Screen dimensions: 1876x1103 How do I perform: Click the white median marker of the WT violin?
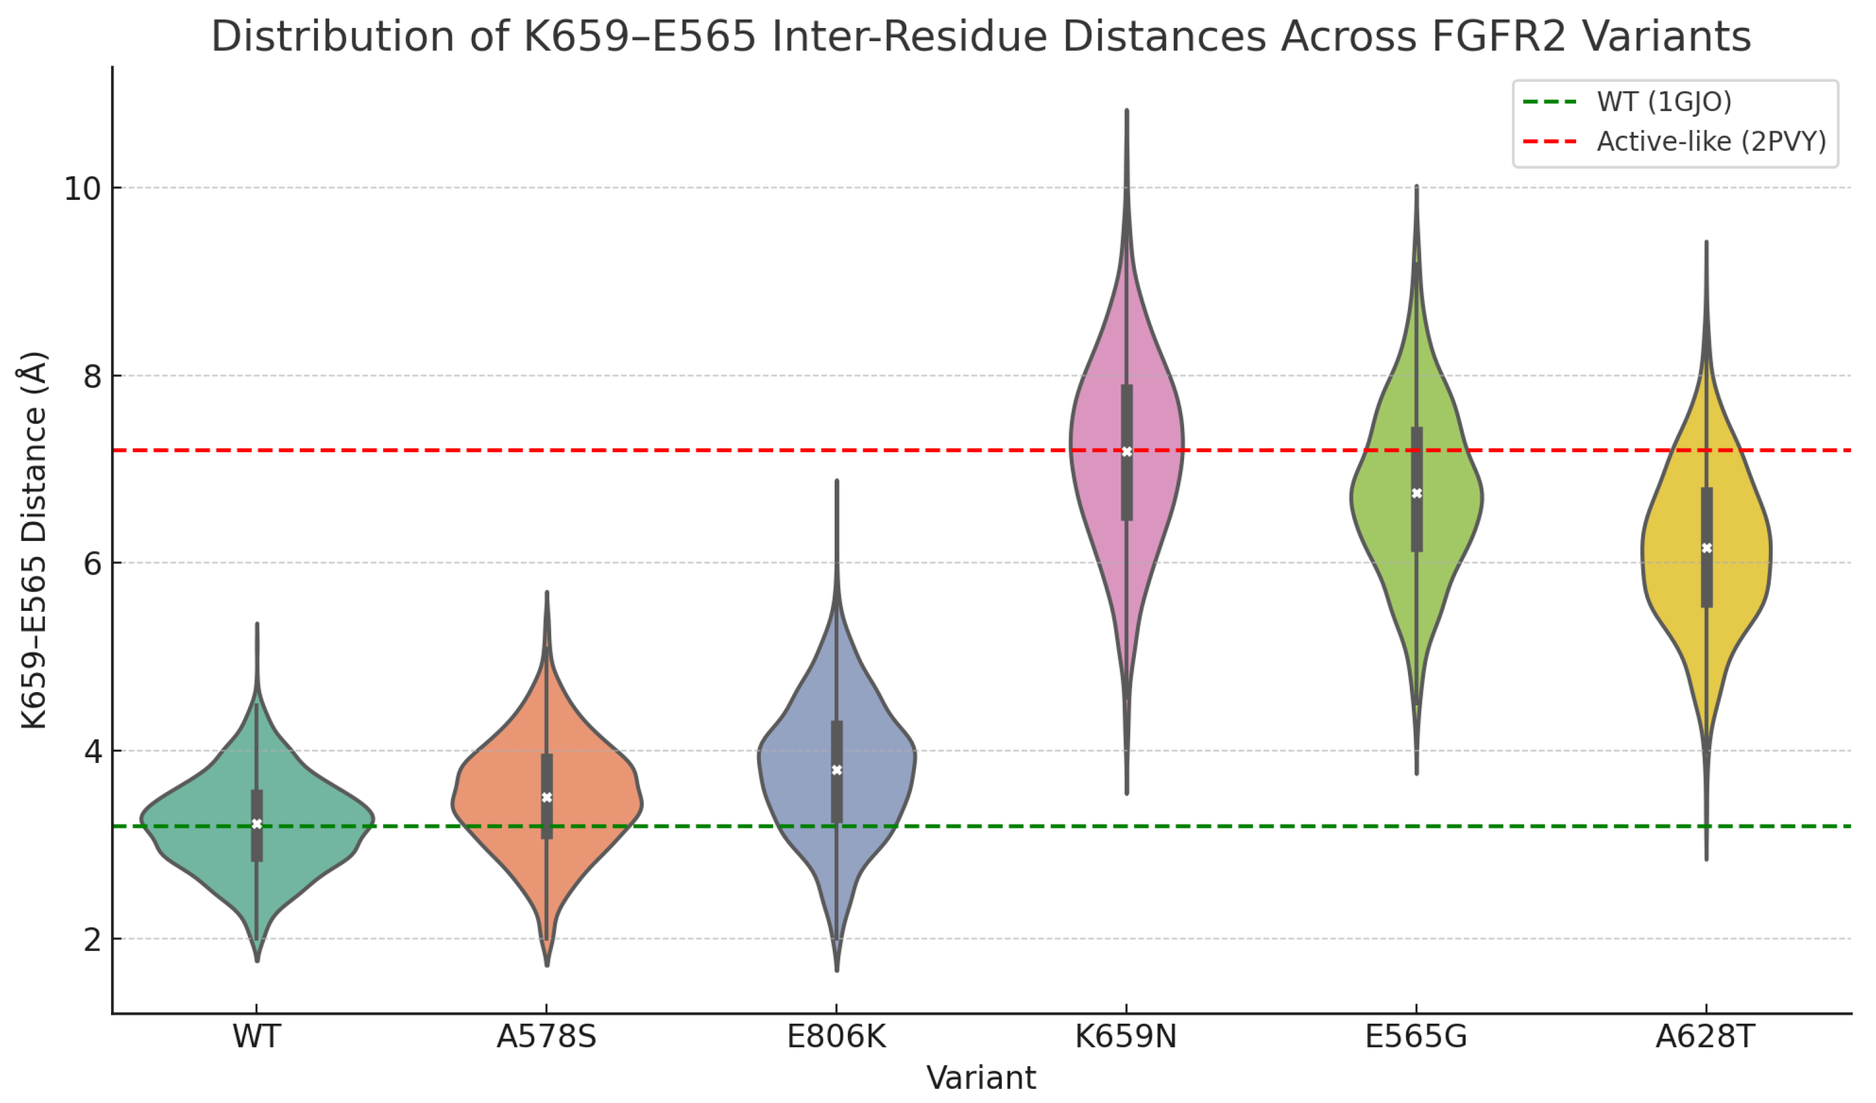pos(257,824)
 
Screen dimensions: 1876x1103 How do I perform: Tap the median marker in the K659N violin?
pos(1126,452)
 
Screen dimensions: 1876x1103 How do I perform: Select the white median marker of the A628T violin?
pos(1707,549)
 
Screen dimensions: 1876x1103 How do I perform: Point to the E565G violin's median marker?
pos(1417,493)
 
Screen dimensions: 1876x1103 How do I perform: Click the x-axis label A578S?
pos(547,1036)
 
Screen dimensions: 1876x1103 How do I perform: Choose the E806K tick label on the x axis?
pos(837,1036)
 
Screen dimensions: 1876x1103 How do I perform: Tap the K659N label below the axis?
pos(1126,1036)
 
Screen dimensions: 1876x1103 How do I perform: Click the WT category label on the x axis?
pos(257,1036)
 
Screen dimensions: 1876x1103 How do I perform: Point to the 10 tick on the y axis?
pos(82,188)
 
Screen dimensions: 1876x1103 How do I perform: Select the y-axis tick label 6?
pos(93,563)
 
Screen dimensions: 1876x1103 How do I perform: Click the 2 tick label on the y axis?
pos(93,940)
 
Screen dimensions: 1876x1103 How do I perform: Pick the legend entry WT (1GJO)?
pos(1627,101)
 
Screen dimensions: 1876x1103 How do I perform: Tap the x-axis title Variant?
pos(981,1078)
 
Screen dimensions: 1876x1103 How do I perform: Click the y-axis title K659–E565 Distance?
pos(34,540)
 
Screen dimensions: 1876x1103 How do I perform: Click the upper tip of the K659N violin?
pos(1127,109)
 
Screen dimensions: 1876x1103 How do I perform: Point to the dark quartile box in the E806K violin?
pos(837,772)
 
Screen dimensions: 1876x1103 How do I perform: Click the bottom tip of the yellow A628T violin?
pos(1706,860)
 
